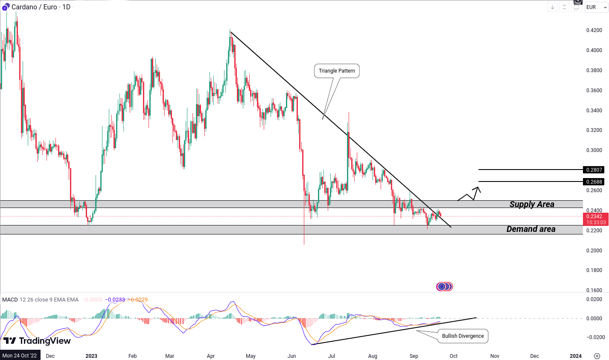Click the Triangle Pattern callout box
coord(337,71)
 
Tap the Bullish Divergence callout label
coord(463,336)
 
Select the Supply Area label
coord(532,205)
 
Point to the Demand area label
coord(531,229)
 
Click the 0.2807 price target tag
coord(594,170)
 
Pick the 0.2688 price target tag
coord(594,182)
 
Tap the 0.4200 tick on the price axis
coord(594,30)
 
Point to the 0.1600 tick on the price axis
coord(594,290)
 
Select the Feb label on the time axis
coord(133,356)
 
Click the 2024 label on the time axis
coord(575,356)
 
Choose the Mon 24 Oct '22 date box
coord(20,356)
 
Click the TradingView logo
coord(37,341)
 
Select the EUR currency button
coord(591,7)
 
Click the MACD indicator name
coord(10,300)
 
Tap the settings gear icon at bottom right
coord(597,356)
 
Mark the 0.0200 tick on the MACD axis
coord(594,299)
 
